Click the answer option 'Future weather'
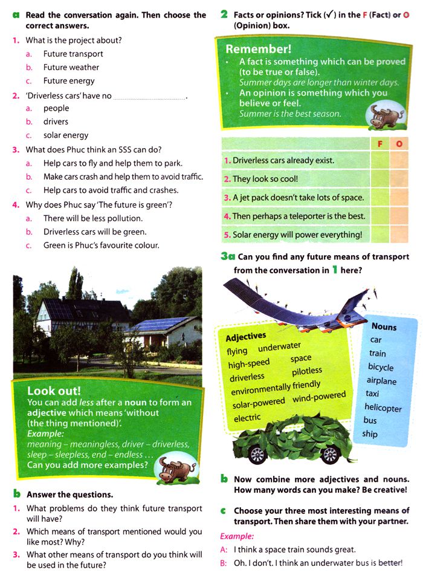pyautogui.click(x=71, y=67)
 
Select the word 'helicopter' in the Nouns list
pyautogui.click(x=383, y=408)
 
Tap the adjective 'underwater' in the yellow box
pyautogui.click(x=279, y=346)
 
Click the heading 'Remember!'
pyautogui.click(x=258, y=49)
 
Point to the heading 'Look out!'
pyautogui.click(x=54, y=391)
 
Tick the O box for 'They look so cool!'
pyautogui.click(x=399, y=179)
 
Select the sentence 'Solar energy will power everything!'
pyautogui.click(x=297, y=235)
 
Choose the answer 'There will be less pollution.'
pyautogui.click(x=92, y=218)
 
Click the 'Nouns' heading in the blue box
pyautogui.click(x=384, y=326)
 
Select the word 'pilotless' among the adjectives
pyautogui.click(x=307, y=371)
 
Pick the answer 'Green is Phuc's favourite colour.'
pyautogui.click(x=101, y=245)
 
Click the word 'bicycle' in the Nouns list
pyautogui.click(x=380, y=367)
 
